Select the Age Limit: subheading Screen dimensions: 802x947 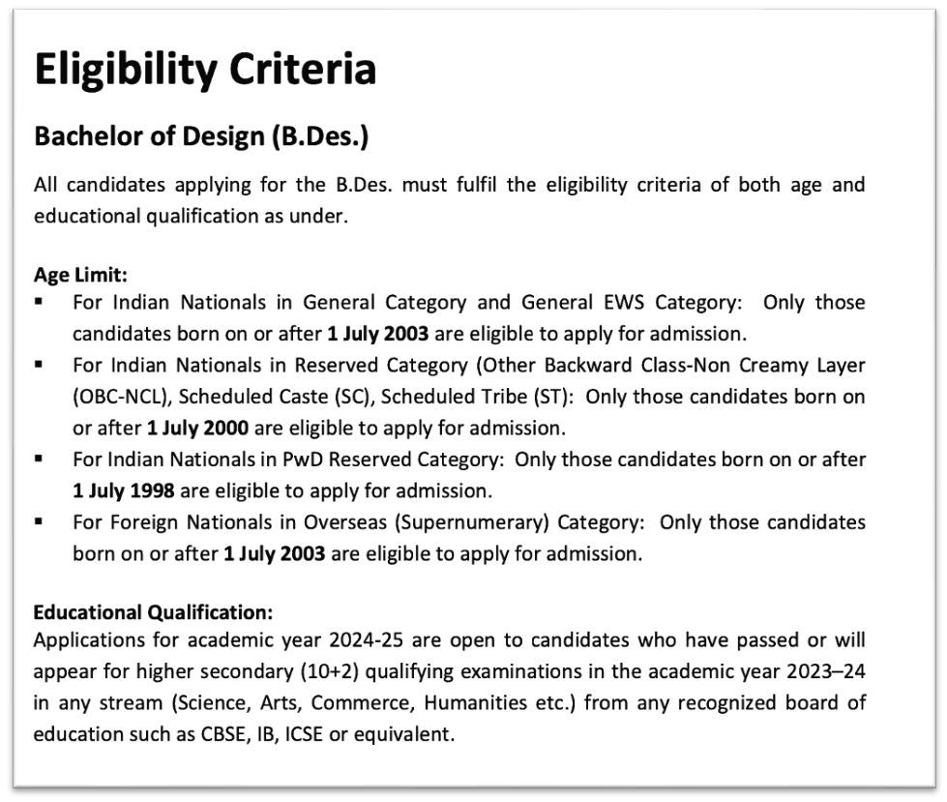coord(80,274)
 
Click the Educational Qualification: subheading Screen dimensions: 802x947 coord(153,611)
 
